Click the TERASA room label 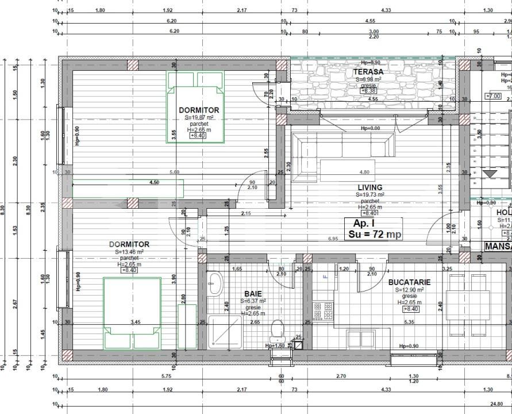368,72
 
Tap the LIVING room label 369,187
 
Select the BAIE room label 253,293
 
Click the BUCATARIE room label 409,282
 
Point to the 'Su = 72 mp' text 375,235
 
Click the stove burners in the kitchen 324,311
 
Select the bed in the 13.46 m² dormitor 132,312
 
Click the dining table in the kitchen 468,305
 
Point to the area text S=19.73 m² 369,195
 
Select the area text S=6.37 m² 253,301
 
